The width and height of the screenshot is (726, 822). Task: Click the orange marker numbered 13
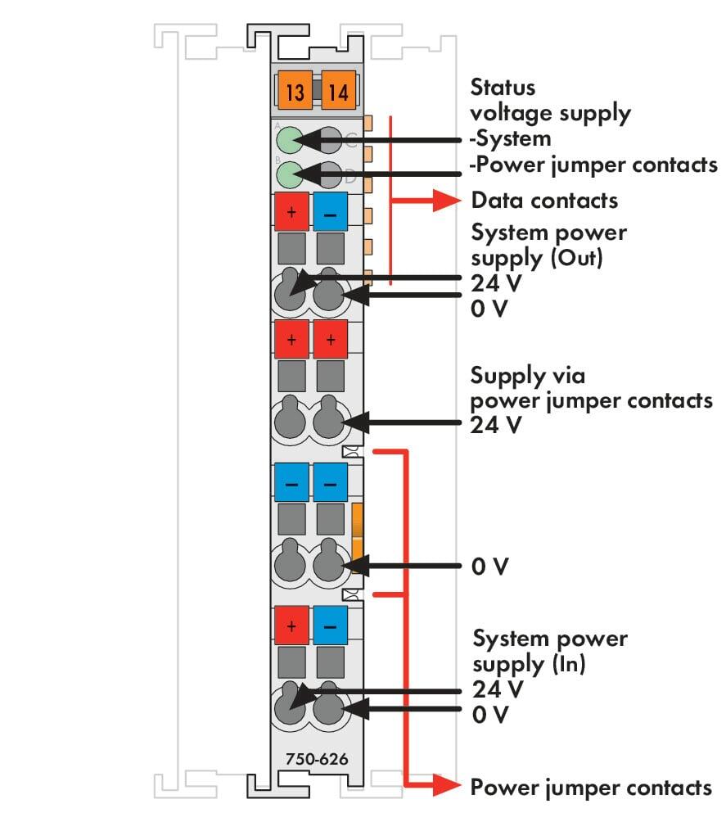[x=295, y=90]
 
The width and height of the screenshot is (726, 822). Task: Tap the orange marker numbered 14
[x=338, y=90]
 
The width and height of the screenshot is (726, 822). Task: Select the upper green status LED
[x=289, y=140]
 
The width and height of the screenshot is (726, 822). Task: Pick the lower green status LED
[x=289, y=174]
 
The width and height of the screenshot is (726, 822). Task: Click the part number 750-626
[x=317, y=759]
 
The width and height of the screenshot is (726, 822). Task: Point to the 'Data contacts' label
[x=544, y=201]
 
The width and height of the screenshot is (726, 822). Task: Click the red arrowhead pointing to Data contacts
[x=447, y=201]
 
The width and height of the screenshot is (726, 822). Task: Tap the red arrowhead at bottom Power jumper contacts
[x=447, y=785]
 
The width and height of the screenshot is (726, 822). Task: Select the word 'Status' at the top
[x=503, y=87]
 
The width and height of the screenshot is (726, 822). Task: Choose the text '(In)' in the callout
[x=569, y=664]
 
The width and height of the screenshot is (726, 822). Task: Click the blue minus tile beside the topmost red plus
[x=330, y=212]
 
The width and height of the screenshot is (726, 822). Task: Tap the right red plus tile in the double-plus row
[x=330, y=339]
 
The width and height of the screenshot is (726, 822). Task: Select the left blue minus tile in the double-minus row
[x=291, y=482]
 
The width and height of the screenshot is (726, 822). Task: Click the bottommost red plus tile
[x=291, y=626]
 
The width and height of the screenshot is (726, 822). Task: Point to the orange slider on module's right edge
[x=358, y=537]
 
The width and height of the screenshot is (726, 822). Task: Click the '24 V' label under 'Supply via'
[x=496, y=425]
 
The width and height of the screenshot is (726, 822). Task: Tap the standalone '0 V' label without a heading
[x=489, y=567]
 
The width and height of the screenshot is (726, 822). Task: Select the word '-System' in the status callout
[x=510, y=139]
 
